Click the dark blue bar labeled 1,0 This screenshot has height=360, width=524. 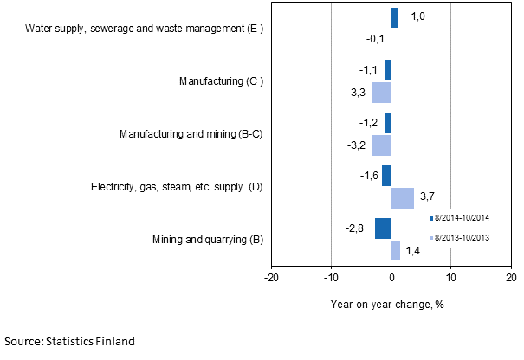point(394,17)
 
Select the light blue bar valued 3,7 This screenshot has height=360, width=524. point(402,197)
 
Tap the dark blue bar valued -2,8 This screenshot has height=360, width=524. point(383,228)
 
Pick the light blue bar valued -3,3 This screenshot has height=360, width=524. point(381,92)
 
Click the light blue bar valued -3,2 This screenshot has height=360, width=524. point(381,145)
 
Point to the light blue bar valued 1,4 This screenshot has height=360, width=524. point(395,250)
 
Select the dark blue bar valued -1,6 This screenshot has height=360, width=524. point(386,176)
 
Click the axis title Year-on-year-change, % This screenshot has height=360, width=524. point(386,304)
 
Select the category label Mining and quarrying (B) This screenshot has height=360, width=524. point(208,239)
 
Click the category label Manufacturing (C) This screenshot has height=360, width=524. point(220,81)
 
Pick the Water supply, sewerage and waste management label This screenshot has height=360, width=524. point(144,29)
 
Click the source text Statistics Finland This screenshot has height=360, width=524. point(69,342)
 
